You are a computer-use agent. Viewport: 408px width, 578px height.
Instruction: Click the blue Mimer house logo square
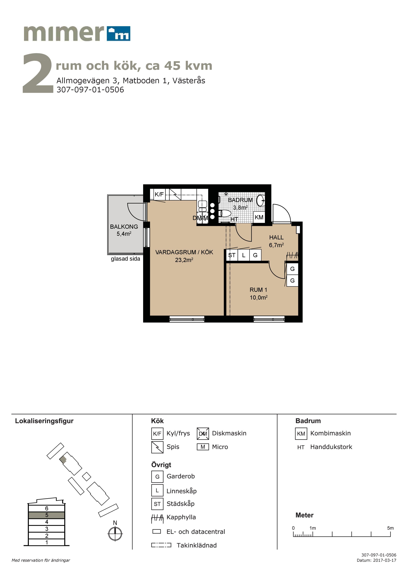(118, 33)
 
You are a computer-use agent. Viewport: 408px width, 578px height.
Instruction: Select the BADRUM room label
(240, 200)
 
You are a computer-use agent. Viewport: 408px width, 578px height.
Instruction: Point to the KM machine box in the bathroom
(259, 217)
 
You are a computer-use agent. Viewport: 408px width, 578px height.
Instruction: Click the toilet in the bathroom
(225, 214)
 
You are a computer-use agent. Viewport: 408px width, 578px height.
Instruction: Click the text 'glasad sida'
(125, 259)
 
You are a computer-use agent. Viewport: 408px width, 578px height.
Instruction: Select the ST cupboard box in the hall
(232, 255)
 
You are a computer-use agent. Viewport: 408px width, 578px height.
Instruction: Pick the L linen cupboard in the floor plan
(244, 255)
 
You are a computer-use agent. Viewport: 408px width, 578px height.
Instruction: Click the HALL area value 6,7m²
(276, 245)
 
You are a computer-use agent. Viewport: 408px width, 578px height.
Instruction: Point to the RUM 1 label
(258, 290)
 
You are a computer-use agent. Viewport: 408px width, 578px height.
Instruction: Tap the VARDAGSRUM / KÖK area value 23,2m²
(184, 260)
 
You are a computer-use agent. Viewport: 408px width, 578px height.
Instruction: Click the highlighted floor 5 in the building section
(47, 515)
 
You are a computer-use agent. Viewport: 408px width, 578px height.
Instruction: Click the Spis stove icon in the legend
(157, 447)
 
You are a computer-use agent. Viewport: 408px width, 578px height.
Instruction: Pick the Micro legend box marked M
(203, 447)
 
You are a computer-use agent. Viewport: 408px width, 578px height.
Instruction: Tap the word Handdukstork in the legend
(331, 447)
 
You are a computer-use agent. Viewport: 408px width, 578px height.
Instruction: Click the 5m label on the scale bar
(390, 528)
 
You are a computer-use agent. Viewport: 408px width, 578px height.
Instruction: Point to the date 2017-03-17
(385, 560)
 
